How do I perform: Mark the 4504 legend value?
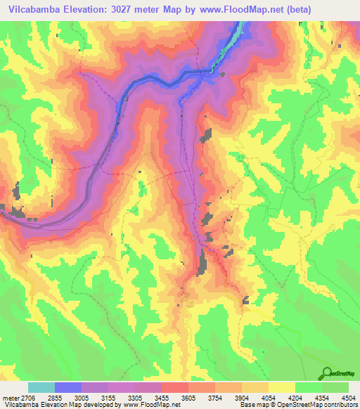coord(347,397)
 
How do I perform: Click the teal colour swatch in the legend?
coord(41,387)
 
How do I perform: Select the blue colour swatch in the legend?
coord(68,387)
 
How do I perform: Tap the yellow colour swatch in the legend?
coord(281,387)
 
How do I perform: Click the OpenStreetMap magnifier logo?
coord(327,372)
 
